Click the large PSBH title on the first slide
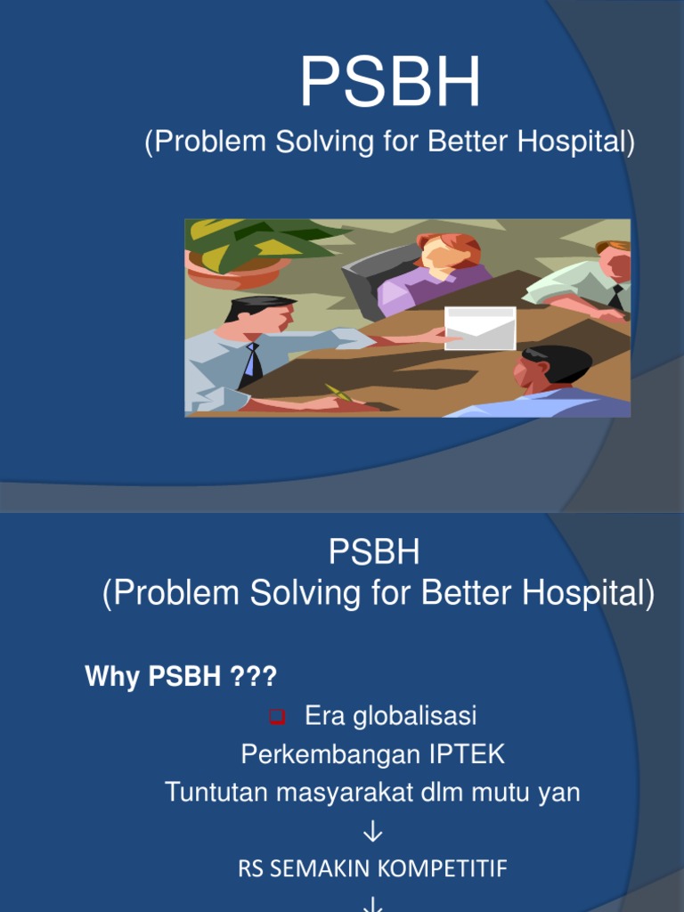click(x=389, y=82)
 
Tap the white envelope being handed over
click(x=480, y=328)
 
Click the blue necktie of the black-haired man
click(x=255, y=362)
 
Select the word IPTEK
click(x=467, y=754)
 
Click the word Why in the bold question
click(x=113, y=677)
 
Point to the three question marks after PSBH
click(x=254, y=677)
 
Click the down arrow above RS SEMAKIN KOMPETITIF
click(x=373, y=832)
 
